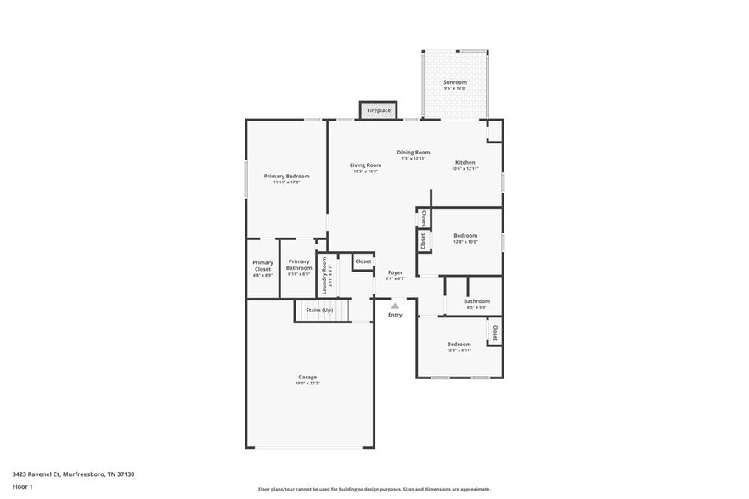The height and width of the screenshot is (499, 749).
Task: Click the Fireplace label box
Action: (379, 110)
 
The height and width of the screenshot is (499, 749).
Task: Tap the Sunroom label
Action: (455, 82)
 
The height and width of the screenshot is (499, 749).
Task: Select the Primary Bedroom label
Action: (286, 176)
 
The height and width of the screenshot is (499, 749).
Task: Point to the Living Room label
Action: (366, 165)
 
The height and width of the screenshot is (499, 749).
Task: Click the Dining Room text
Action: (414, 152)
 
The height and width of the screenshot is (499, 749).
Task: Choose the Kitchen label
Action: (465, 162)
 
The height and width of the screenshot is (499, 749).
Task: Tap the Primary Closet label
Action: (263, 266)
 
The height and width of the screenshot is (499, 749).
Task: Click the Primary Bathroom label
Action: (299, 265)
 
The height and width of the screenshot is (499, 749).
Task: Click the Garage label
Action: (307, 377)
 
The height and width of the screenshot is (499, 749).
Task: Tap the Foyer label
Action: (395, 272)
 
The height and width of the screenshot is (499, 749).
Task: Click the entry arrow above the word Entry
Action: (395, 306)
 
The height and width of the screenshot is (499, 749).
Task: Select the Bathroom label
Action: (476, 301)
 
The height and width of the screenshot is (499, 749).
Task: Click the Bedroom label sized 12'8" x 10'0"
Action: (465, 235)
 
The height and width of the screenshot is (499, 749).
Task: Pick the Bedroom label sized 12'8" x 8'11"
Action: (459, 344)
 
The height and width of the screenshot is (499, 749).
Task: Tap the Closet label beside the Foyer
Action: (363, 261)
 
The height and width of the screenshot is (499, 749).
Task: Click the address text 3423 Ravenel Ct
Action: (42, 474)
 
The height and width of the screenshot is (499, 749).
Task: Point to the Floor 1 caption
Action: (23, 486)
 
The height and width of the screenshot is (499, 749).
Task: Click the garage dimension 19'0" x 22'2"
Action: (307, 384)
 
